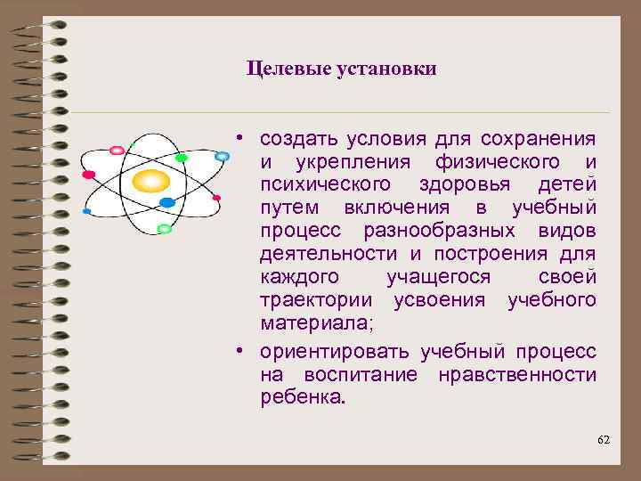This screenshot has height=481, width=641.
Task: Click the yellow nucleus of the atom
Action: pyautogui.click(x=150, y=182)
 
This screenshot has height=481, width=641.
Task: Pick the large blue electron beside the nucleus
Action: pyautogui.click(x=166, y=203)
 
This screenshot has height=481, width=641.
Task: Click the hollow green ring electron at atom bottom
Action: pyautogui.click(x=163, y=229)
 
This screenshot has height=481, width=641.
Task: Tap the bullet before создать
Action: pyautogui.click(x=240, y=140)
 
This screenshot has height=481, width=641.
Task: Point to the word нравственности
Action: pyautogui.click(x=516, y=371)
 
